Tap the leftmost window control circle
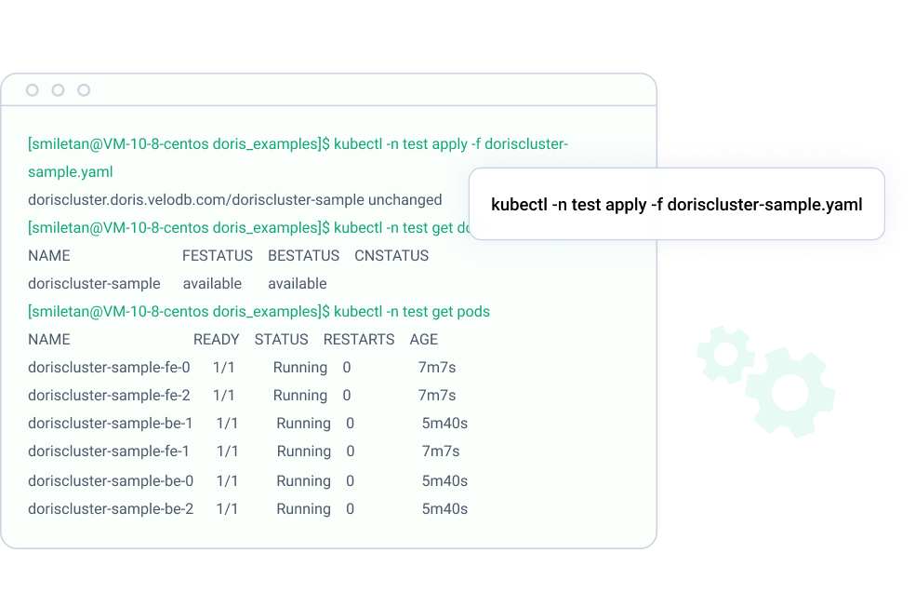tap(33, 90)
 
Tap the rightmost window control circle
tap(84, 90)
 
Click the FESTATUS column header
tap(218, 256)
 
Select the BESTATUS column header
tap(303, 256)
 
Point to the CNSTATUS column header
tap(391, 256)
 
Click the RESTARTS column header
tap(359, 340)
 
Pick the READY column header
tap(217, 340)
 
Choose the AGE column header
tap(424, 340)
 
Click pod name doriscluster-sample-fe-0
tap(109, 368)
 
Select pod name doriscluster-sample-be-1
tap(111, 424)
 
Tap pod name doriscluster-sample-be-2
tap(111, 509)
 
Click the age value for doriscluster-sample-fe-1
tap(441, 452)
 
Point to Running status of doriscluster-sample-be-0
tap(304, 481)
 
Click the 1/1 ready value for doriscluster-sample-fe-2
tap(224, 396)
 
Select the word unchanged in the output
tap(405, 200)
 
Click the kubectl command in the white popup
tap(676, 205)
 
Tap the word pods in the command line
tap(473, 312)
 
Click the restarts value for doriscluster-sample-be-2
tap(351, 509)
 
